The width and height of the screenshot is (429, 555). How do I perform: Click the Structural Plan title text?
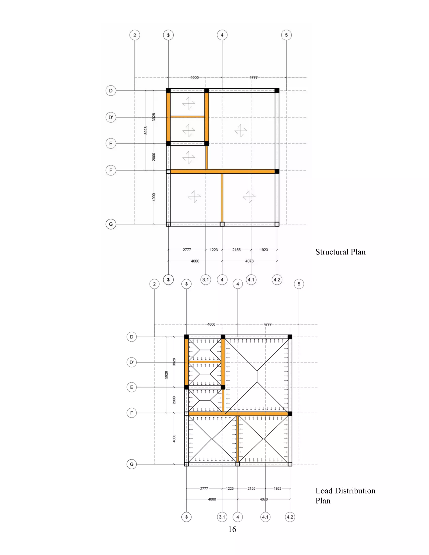point(340,252)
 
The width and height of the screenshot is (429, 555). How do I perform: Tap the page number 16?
point(232,529)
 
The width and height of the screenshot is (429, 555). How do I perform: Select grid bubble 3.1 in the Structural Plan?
point(206,280)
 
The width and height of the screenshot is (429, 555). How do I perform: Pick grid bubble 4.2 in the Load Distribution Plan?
point(290,517)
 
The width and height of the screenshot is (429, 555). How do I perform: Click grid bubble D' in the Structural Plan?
point(111,117)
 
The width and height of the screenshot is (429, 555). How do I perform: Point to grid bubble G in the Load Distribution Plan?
point(132,464)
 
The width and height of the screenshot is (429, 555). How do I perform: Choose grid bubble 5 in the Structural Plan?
point(286,35)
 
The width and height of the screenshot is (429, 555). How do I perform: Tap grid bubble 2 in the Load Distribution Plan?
point(154,284)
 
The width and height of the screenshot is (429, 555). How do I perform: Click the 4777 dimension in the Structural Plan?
point(253,77)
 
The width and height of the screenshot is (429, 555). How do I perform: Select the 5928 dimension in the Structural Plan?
point(146,130)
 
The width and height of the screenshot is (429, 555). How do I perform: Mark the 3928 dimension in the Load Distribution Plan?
point(174,362)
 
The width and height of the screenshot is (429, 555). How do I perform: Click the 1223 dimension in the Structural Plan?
point(214,250)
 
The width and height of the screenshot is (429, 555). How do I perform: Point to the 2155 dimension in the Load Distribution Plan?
point(251,488)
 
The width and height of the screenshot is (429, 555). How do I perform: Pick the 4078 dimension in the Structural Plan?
point(249,261)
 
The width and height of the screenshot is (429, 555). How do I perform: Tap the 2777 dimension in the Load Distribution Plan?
point(204,488)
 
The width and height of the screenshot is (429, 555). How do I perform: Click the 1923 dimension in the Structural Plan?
point(264,250)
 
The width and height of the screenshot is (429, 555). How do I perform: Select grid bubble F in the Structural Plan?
point(111,170)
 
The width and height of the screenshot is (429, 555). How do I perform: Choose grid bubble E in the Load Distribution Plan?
point(132,387)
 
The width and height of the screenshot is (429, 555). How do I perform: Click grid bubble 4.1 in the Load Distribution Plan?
point(265,517)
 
